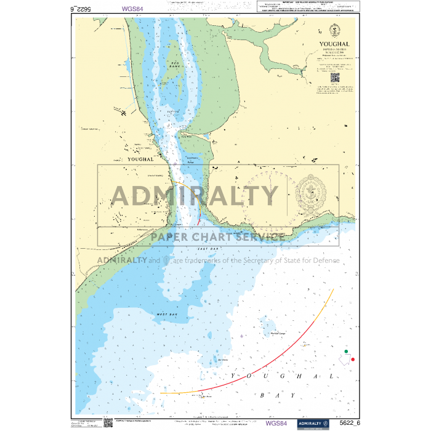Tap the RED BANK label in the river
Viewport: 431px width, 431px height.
174,65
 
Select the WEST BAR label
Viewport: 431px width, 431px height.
163,314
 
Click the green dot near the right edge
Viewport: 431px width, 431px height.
347,352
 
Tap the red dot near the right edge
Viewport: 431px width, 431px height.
353,359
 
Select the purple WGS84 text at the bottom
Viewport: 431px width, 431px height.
276,423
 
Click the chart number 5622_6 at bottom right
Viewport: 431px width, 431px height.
349,423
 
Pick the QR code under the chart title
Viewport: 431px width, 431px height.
335,78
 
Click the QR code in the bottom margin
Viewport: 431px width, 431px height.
108,422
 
